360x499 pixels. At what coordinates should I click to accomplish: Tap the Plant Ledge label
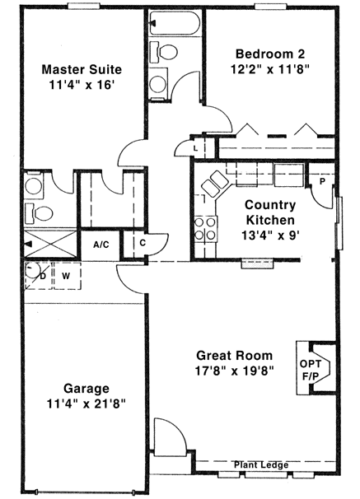[x=261, y=465]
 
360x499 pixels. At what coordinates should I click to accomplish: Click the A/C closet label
[x=101, y=245]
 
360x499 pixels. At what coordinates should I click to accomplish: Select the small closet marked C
[x=143, y=243]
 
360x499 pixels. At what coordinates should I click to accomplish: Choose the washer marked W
[x=66, y=274]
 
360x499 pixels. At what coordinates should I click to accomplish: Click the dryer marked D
[x=37, y=274]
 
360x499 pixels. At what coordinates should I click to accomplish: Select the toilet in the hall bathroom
[x=168, y=53]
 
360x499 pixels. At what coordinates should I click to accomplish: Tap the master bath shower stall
[x=49, y=245]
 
